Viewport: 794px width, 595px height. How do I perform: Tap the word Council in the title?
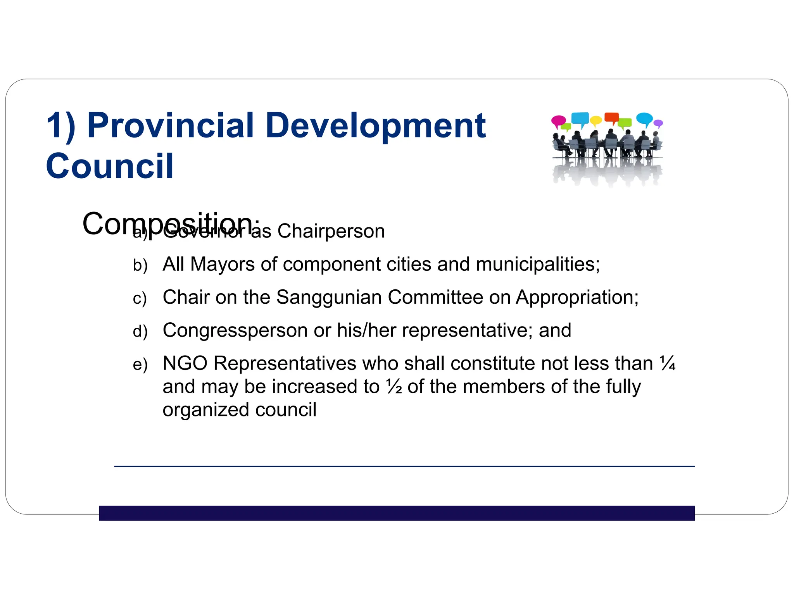pos(110,166)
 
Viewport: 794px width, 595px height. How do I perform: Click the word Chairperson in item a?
pos(331,231)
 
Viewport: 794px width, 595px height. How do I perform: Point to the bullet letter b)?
pos(140,266)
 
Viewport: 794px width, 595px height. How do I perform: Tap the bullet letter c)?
pos(140,299)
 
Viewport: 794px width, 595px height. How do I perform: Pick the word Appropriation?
pos(577,298)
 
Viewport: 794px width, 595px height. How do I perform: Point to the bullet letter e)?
pos(140,365)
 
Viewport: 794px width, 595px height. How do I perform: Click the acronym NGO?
pos(185,364)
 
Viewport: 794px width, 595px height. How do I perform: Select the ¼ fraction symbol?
pos(668,363)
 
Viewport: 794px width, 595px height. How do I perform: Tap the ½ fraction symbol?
pos(394,387)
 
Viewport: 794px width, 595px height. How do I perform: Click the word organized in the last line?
pos(206,410)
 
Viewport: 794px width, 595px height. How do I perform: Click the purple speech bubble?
pos(658,124)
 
